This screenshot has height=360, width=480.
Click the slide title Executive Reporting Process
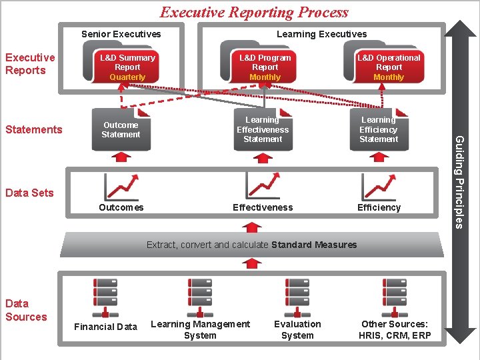[254, 12]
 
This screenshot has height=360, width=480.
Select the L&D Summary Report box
[127, 67]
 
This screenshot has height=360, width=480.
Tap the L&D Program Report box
[265, 67]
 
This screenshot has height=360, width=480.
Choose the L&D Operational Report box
[389, 67]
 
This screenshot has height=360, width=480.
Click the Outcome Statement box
[121, 129]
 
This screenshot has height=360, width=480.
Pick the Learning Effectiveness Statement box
[263, 129]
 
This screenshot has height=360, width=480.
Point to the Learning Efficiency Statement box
[379, 129]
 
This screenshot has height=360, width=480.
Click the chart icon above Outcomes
[121, 187]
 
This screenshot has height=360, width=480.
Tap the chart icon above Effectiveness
[263, 186]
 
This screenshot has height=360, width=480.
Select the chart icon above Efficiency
[379, 187]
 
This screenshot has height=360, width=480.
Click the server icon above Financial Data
[105, 297]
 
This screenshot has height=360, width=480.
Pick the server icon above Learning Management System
[200, 297]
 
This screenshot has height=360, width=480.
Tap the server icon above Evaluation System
[297, 297]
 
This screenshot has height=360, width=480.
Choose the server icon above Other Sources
[395, 297]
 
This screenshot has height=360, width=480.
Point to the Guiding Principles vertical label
[459, 180]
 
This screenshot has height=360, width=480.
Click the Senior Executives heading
[121, 34]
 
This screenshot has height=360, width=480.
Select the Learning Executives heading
[321, 34]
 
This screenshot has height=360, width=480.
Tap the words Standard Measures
[314, 245]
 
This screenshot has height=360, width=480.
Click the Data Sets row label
[29, 193]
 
